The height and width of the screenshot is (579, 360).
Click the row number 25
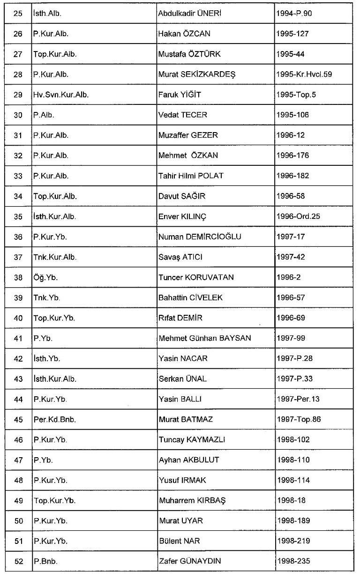18,14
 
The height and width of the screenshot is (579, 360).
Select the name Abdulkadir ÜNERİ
189,14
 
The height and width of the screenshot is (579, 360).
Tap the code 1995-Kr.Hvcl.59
305,74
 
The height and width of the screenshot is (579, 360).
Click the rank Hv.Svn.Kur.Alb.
60,95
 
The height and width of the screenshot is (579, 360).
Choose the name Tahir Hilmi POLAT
191,176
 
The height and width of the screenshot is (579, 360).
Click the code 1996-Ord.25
299,216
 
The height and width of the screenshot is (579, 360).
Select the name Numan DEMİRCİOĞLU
200,237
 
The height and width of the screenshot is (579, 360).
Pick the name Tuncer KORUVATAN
196,277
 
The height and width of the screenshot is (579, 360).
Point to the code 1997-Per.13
298,399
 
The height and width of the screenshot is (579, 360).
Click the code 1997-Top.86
299,419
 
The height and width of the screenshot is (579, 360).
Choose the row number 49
18,500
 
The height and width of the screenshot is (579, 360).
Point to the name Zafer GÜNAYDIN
190,561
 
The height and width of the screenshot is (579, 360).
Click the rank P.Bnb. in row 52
45,561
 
